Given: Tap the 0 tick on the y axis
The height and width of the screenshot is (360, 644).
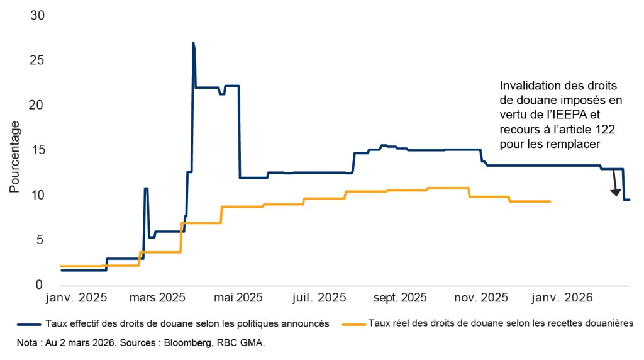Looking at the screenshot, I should click(40, 285).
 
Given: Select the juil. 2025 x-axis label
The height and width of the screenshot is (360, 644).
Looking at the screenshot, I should click(319, 296).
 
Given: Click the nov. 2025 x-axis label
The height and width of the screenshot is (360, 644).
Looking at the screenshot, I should click(482, 296).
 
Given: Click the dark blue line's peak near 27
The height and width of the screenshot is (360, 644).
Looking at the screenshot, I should click(193, 43).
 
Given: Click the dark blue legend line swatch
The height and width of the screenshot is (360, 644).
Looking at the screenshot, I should click(31, 323).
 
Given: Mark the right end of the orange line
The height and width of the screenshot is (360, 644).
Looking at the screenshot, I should click(550, 201).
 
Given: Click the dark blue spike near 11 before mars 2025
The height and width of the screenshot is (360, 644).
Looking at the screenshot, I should click(146, 188).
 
